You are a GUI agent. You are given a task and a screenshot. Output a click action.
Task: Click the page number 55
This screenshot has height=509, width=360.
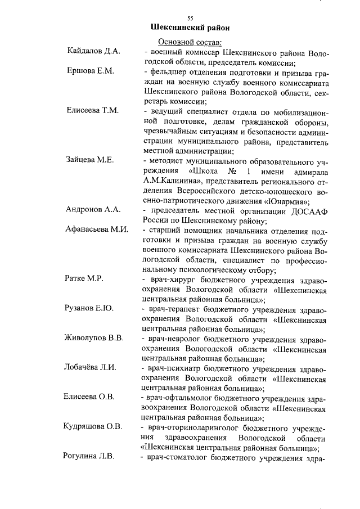click(190, 18)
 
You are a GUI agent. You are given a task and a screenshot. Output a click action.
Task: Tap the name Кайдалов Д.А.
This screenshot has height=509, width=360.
click(93, 52)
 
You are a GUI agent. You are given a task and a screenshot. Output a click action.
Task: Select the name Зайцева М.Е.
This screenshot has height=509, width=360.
click(90, 160)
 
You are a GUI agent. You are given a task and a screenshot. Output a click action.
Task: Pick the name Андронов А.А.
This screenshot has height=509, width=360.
click(93, 209)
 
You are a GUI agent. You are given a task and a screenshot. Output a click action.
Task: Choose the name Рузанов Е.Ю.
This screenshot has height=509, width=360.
click(90, 309)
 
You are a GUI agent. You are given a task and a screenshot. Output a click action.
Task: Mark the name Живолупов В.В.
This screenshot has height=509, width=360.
click(94, 338)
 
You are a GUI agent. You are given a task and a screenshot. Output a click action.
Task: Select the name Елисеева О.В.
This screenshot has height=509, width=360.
click(90, 397)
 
